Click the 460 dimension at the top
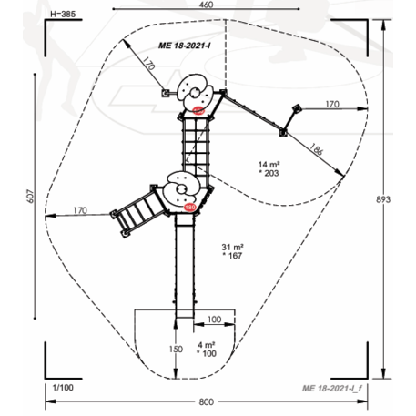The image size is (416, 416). (207, 5)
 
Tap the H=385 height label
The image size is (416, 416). (63, 14)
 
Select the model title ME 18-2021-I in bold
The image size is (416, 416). (185, 46)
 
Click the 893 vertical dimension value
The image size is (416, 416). (383, 199)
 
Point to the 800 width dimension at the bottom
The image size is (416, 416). (207, 402)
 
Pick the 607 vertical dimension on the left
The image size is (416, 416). (32, 196)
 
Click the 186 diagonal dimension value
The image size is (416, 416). (316, 149)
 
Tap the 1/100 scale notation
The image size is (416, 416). (63, 388)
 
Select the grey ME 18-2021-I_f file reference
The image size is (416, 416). (332, 389)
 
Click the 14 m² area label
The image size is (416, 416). (269, 165)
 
